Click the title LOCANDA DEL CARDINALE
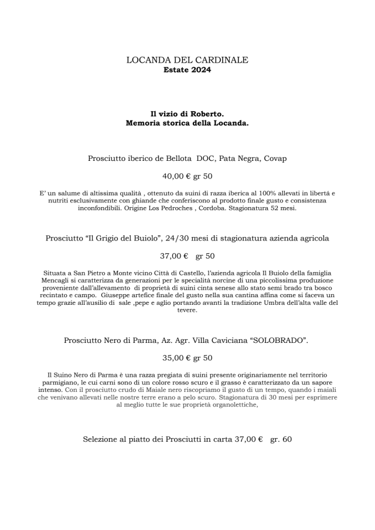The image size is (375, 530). pos(187,60)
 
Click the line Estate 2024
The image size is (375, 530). pos(187,70)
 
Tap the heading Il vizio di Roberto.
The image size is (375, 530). pos(187,113)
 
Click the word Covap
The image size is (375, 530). pos(275,159)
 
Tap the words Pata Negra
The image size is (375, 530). pos(238,159)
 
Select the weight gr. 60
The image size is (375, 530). pos(281,439)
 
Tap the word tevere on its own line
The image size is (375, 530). pos(187,311)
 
